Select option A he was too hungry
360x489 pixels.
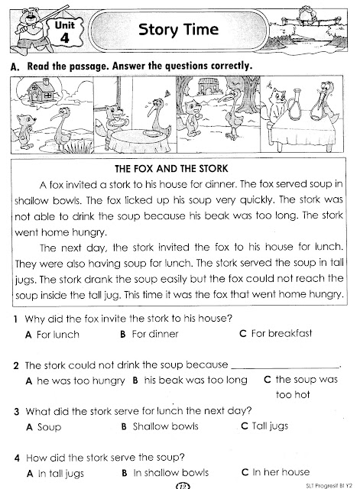(x=76, y=379)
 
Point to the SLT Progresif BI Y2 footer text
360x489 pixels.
(x=325, y=484)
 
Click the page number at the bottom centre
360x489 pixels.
(x=181, y=484)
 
